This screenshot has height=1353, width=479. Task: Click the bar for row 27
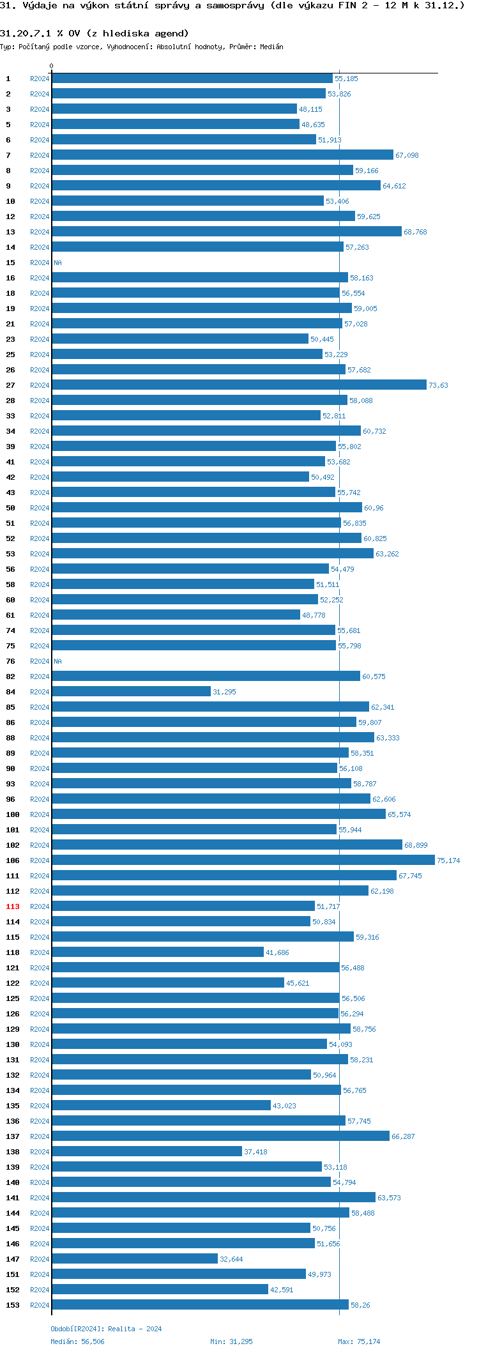click(239, 385)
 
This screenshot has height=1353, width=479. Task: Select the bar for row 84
click(131, 691)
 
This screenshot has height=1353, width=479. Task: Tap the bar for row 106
click(243, 860)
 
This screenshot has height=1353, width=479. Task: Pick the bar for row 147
click(135, 1258)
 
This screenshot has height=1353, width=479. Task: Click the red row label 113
click(13, 906)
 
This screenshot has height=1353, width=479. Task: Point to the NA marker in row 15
click(57, 263)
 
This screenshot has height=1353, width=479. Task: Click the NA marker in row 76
click(57, 661)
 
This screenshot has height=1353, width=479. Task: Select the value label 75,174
click(448, 860)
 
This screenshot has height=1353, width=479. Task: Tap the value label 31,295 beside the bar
click(224, 692)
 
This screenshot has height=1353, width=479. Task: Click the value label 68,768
click(415, 232)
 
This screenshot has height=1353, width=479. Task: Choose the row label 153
click(13, 1305)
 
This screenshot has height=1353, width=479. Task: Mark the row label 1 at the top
click(8, 79)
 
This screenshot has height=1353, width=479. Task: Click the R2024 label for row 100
click(40, 814)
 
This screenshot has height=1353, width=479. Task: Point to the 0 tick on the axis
click(52, 66)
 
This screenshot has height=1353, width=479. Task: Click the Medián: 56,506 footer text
click(77, 1342)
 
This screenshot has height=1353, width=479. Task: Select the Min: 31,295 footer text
click(231, 1342)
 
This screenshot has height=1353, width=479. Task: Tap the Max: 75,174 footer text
click(359, 1342)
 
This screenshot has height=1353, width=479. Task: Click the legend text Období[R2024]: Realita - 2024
click(106, 1329)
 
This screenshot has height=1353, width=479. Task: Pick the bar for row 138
click(147, 1151)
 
